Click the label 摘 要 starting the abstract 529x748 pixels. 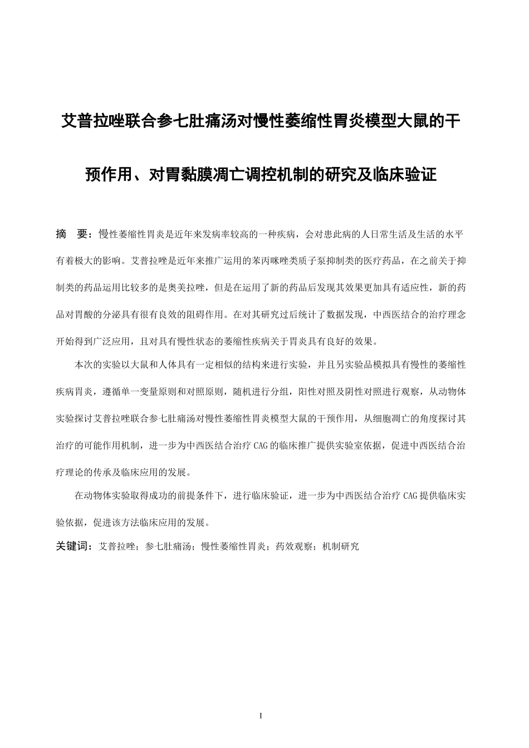pyautogui.click(x=72, y=234)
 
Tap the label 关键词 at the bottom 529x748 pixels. pyautogui.click(x=72, y=547)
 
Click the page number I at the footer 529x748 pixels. pyautogui.click(x=261, y=716)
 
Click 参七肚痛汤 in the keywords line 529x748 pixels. pyautogui.click(x=168, y=547)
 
